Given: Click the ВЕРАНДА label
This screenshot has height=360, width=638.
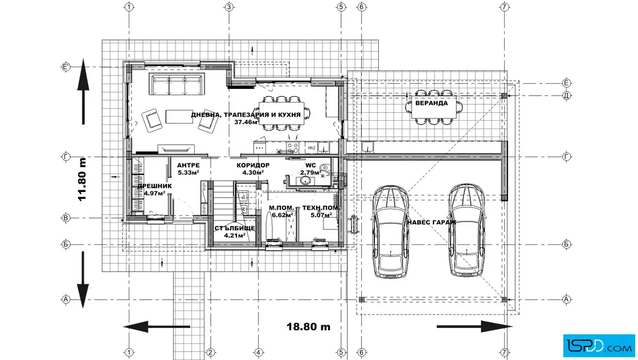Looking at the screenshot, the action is point(431,103).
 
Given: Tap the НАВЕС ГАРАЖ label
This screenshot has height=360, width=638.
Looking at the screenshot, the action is point(431,222).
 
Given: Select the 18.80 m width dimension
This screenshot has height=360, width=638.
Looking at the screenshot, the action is point(308,326).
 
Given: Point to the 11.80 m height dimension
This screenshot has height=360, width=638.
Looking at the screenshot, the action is point(83,179).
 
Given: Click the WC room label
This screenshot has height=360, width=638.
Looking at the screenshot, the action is point(310,166).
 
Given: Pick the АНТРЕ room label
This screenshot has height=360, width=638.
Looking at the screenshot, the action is point(189,165).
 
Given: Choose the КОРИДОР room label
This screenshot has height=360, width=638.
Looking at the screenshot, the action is point(253,165).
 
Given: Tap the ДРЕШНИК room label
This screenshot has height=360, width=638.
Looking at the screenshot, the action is point(154,186).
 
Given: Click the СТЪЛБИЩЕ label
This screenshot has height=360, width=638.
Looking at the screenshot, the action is point(235,228).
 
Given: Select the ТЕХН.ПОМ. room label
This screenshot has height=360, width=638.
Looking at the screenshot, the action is point(321,208).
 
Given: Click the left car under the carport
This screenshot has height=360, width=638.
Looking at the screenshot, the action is point(390,231).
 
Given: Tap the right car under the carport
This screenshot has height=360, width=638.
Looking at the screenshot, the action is point(467,230).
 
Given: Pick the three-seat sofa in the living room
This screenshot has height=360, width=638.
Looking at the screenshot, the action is point(177,84).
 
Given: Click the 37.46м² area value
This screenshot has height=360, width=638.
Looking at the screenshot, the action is point(246,122).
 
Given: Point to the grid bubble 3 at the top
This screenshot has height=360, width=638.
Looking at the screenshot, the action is point(229,7).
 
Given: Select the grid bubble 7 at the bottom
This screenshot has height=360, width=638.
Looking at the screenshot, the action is point(505,352).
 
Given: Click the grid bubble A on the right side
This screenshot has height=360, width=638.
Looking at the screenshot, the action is point(566,300).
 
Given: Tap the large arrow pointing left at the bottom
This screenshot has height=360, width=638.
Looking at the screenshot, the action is point(156,326).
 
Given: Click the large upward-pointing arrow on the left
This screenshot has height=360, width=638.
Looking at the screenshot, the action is point(83,91).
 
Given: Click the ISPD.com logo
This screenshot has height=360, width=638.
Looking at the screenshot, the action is point(599,346).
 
